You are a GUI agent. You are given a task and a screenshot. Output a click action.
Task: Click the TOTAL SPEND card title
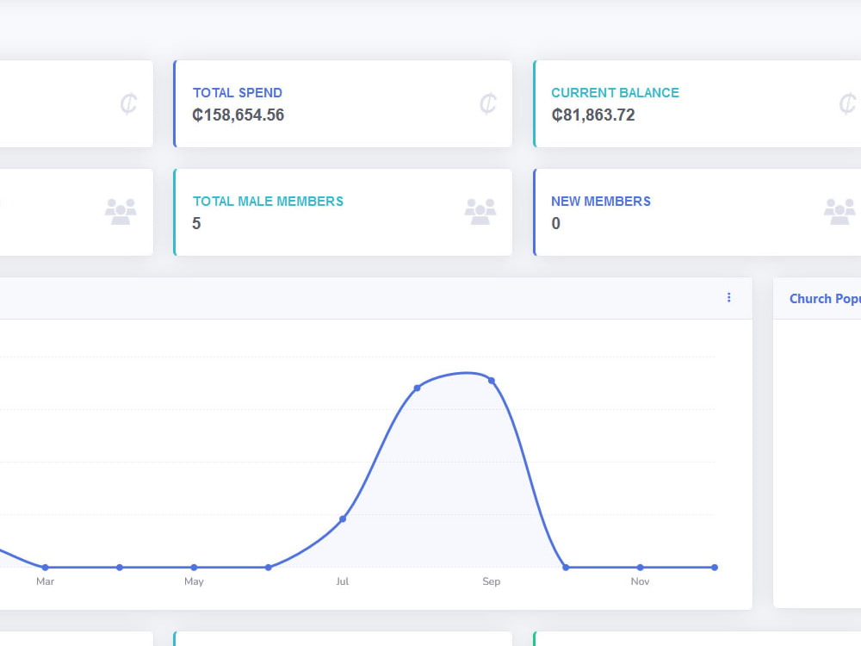click(238, 93)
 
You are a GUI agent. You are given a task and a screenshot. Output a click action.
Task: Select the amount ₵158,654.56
click(238, 115)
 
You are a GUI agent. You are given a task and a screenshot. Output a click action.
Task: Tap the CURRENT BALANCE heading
click(615, 93)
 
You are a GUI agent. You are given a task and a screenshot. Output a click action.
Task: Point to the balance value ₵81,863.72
click(593, 115)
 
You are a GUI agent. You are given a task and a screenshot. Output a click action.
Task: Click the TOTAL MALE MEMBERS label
click(268, 202)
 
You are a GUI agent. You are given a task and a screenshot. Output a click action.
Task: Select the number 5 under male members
click(196, 224)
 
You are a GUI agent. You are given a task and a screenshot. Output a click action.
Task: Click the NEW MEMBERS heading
click(601, 202)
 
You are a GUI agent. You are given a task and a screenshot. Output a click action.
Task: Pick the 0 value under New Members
click(555, 224)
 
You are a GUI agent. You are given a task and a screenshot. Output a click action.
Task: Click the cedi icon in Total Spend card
click(487, 103)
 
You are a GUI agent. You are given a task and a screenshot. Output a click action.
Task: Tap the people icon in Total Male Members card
click(480, 212)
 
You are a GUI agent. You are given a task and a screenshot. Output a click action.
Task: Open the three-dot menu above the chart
click(728, 297)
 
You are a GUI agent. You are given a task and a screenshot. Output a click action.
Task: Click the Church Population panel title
click(825, 299)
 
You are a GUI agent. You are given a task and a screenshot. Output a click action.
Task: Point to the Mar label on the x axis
click(45, 581)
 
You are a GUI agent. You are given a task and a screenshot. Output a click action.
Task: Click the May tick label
click(194, 581)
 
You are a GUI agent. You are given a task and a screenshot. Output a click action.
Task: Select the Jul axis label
click(343, 581)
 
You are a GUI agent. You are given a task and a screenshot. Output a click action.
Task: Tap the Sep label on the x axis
click(492, 581)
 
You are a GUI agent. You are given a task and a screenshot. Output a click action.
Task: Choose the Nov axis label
click(641, 581)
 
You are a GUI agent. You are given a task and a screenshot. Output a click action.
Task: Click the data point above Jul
click(343, 519)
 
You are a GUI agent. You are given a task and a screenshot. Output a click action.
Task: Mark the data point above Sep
click(492, 381)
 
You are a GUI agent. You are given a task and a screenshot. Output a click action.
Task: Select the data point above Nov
click(641, 568)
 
